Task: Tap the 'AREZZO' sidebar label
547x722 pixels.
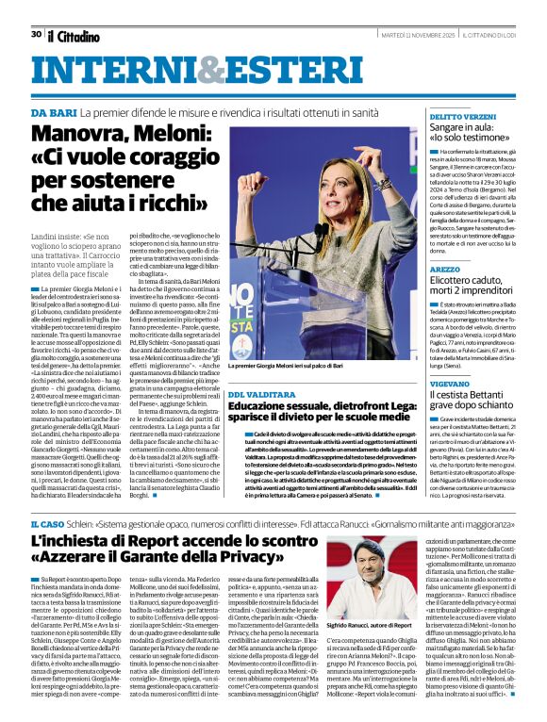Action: (444, 269)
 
